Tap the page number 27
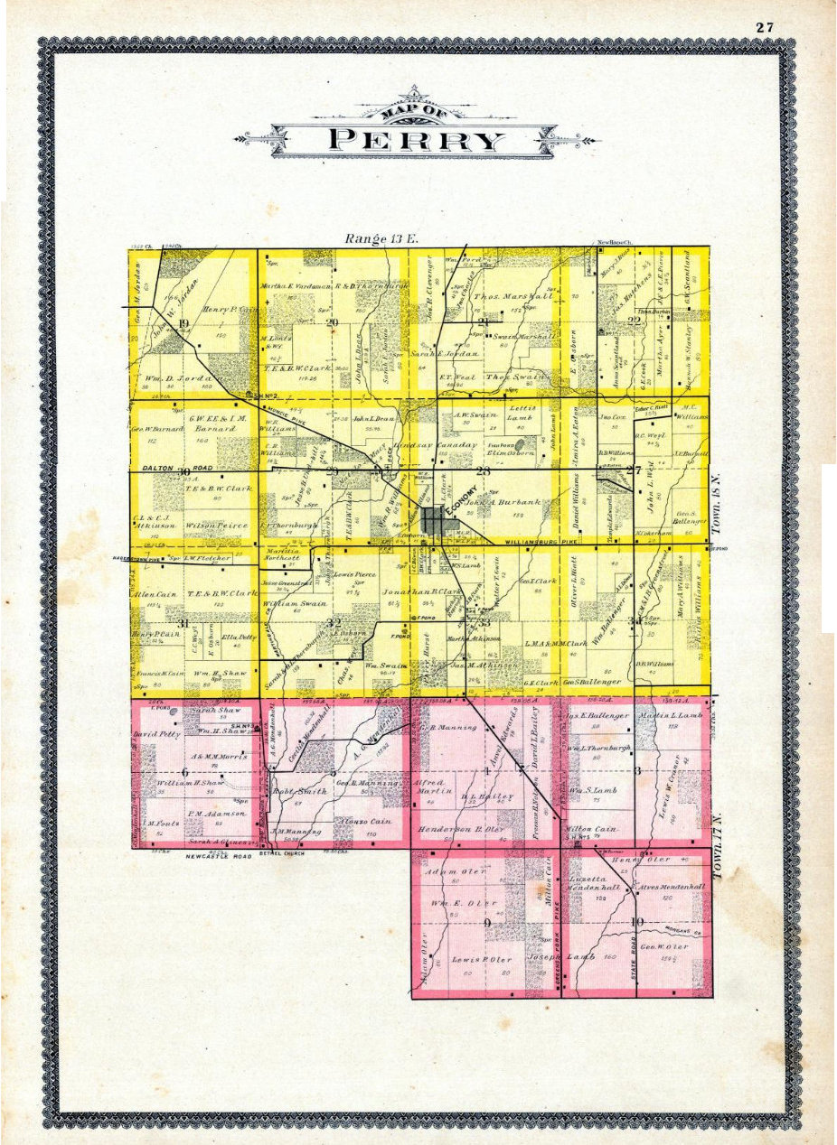pos(765,27)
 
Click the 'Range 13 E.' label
pos(377,238)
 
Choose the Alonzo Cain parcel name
pos(341,810)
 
